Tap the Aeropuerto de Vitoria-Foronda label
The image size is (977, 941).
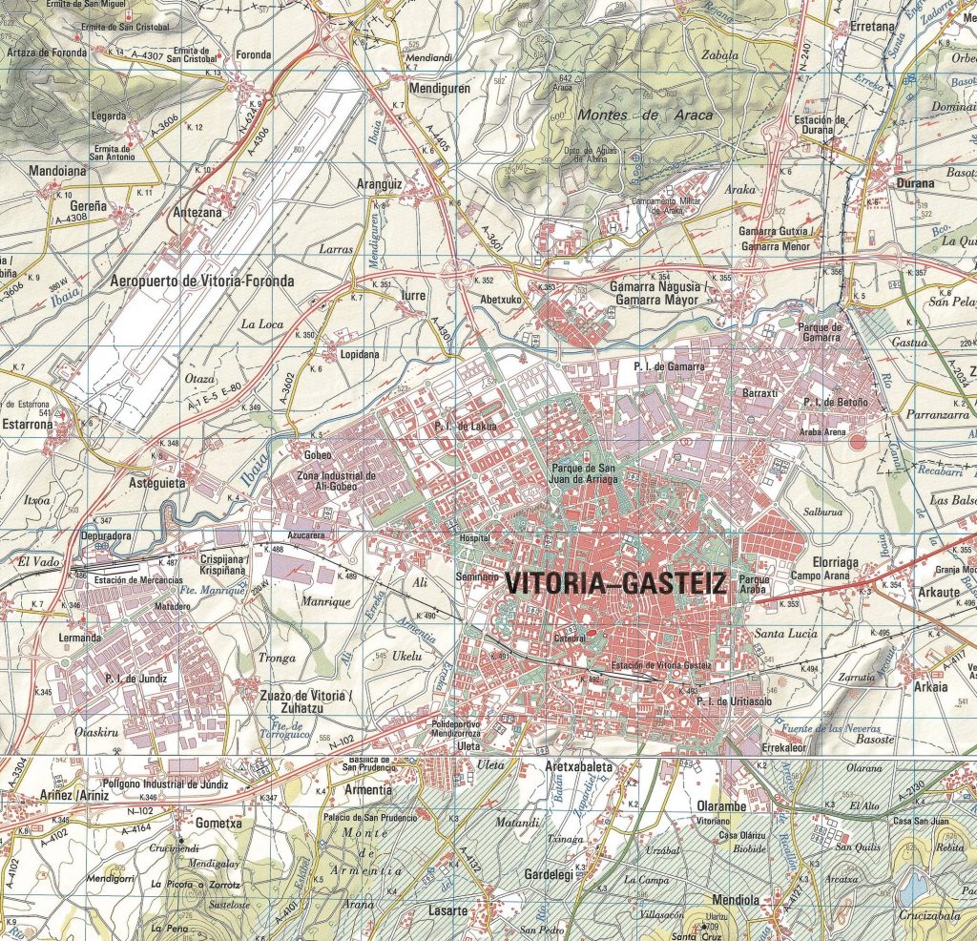(x=202, y=281)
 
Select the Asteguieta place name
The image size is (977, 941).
(x=156, y=483)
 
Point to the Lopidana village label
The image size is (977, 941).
(x=359, y=354)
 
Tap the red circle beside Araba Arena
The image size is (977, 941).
(x=858, y=442)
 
